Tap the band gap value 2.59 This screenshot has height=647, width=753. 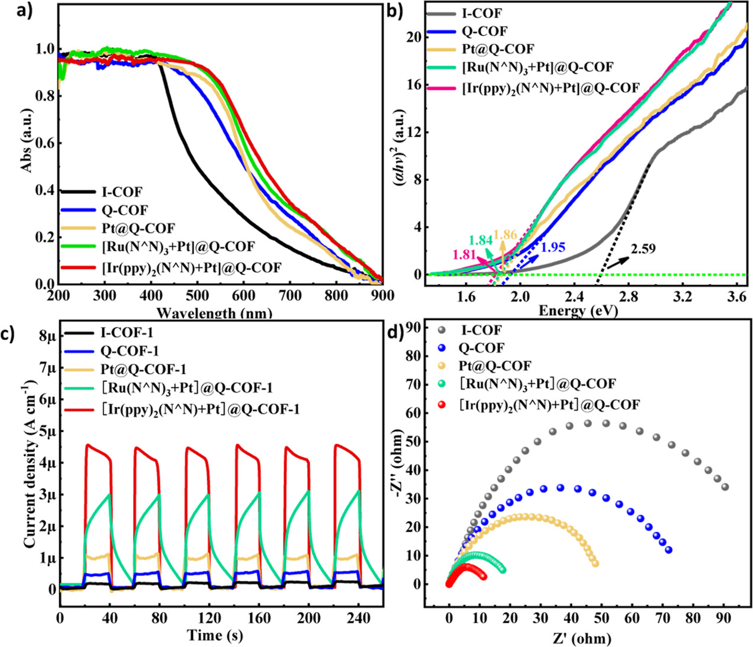643,249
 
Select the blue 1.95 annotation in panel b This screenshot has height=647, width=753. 553,248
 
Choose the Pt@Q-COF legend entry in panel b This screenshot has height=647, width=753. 498,49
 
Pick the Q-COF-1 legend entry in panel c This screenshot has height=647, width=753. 130,351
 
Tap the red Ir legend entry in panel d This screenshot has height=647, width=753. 549,405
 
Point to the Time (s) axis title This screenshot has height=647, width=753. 215,636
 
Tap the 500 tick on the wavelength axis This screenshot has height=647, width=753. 199,296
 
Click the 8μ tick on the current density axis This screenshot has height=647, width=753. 46,337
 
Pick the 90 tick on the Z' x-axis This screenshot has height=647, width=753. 723,619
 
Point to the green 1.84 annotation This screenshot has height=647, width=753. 480,240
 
